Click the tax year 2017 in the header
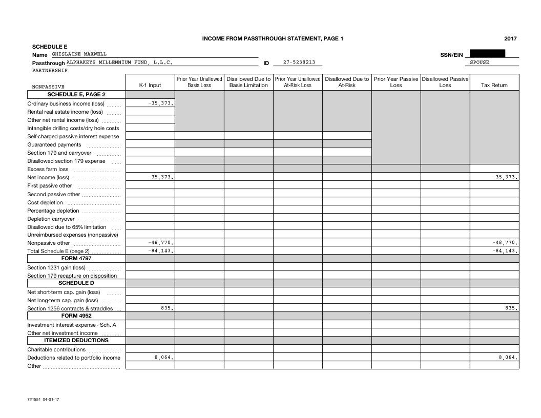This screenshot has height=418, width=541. coord(510,38)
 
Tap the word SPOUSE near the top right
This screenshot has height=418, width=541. coord(480,62)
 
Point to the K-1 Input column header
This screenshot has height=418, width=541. coord(150,85)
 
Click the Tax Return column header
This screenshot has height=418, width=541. coord(494,85)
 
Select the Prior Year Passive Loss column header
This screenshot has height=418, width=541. coord(396,82)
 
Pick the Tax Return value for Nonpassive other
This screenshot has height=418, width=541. coord(505,243)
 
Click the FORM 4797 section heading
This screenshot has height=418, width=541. coord(76,258)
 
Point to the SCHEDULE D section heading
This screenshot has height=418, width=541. coord(76,283)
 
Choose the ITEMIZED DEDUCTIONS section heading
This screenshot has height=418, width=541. coord(76,340)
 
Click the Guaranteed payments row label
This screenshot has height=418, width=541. coord(54,144)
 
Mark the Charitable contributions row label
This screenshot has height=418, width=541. coord(56,349)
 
